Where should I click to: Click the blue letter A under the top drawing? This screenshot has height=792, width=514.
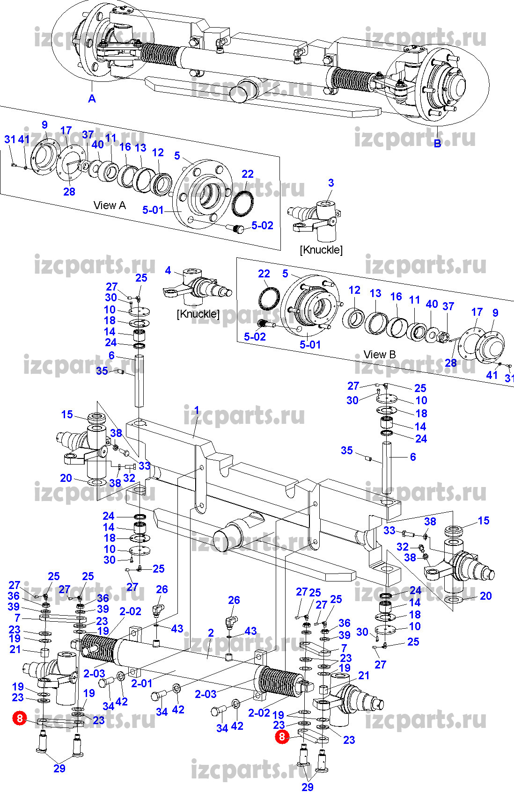tap(92, 99)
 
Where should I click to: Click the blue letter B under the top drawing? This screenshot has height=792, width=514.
tap(437, 144)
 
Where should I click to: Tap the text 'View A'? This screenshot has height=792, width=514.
tap(110, 205)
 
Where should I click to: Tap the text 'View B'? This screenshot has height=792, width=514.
tap(380, 355)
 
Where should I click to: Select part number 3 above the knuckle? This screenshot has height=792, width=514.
tap(331, 182)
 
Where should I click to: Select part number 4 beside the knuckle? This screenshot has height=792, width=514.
tap(168, 270)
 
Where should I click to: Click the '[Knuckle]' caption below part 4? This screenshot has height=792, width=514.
tap(198, 314)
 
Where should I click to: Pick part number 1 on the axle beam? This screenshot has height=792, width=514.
tap(197, 410)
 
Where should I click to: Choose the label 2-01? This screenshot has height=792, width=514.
tap(142, 683)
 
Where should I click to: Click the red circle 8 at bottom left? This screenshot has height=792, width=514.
tap(20, 718)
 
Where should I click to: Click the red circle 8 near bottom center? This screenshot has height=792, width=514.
tap(281, 737)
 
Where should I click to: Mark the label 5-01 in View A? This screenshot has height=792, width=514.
tap(153, 210)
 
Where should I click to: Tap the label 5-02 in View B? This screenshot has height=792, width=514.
tap(255, 336)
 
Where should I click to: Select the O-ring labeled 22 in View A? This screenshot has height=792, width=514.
tap(243, 204)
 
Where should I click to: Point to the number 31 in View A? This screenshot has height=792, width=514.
tap(10, 139)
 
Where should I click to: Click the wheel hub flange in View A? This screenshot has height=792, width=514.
tap(203, 193)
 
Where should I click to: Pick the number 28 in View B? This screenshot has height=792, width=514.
tap(450, 363)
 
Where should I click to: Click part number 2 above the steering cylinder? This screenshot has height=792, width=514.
tap(211, 632)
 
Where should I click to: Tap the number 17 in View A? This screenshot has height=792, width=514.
tap(66, 131)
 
